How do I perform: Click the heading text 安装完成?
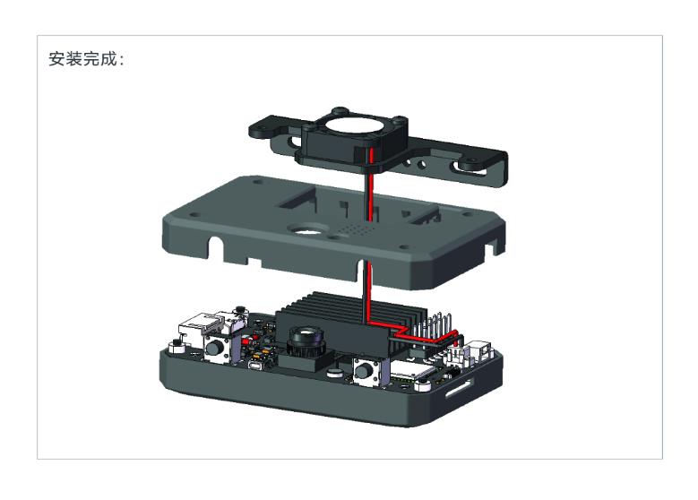pos(83,59)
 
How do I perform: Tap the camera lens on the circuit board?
pos(306,340)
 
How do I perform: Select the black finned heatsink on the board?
pos(351,317)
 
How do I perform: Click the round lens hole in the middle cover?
pos(307,229)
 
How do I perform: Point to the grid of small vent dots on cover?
pos(354,230)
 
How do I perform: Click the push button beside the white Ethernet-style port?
pos(216,348)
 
